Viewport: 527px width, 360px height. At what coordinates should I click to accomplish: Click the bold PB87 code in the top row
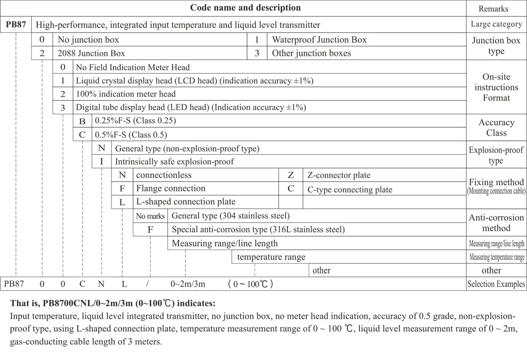(x=16, y=24)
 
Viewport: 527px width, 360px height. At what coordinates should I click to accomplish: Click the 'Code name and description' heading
(x=245, y=8)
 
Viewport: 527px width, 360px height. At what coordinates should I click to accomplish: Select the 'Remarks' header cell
(x=493, y=8)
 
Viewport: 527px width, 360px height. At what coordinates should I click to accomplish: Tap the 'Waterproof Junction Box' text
(x=319, y=40)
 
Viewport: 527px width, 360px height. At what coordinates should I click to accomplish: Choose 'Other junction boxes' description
(x=311, y=53)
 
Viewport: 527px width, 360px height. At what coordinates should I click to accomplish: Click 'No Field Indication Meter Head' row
(x=132, y=67)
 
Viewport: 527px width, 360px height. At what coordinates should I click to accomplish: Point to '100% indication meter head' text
(x=125, y=94)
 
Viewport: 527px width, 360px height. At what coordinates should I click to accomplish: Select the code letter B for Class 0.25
(x=83, y=121)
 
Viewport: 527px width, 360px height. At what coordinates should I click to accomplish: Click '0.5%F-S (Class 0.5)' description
(x=131, y=134)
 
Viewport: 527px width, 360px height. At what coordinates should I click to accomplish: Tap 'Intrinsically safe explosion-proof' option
(x=175, y=162)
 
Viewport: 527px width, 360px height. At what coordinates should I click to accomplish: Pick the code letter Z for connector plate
(x=291, y=175)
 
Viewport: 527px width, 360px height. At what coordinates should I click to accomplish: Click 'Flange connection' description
(x=171, y=188)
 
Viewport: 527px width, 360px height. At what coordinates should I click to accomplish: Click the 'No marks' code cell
(x=150, y=216)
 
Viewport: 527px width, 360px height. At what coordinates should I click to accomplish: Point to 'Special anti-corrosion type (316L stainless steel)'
(x=258, y=229)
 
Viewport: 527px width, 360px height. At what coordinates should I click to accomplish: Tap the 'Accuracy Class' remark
(x=496, y=127)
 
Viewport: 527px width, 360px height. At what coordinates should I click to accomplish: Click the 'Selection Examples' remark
(x=496, y=284)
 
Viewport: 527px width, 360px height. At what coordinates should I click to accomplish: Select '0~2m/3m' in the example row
(x=187, y=284)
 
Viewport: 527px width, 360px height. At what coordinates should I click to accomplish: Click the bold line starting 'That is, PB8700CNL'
(x=112, y=303)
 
